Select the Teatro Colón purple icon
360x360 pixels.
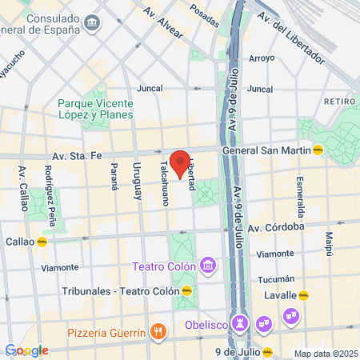208,264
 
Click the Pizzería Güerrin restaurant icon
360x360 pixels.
159,331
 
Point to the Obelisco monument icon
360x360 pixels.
241,323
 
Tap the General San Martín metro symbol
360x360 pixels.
318,150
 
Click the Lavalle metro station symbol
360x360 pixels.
303,295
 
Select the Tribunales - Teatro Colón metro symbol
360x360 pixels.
186,291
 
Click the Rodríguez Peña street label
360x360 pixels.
50,190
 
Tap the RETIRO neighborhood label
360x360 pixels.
339,102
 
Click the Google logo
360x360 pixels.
26,350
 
